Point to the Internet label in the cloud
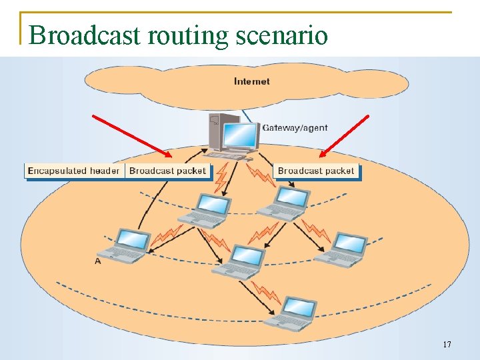[x=252, y=81]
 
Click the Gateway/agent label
[x=295, y=127]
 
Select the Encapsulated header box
[x=74, y=171]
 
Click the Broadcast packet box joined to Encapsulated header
[x=168, y=171]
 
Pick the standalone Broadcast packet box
[x=316, y=171]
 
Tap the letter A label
[x=98, y=262]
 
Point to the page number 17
[x=447, y=345]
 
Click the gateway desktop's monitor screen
[x=241, y=135]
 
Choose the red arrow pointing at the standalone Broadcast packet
[x=343, y=136]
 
